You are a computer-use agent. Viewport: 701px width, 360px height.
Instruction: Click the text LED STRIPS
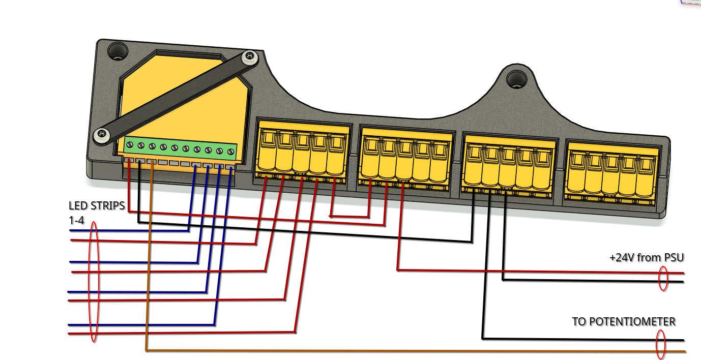click(x=97, y=206)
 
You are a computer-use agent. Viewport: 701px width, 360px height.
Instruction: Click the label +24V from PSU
click(x=647, y=257)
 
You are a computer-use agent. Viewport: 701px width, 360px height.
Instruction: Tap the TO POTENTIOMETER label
click(x=624, y=321)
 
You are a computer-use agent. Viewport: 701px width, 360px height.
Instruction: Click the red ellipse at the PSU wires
click(x=663, y=279)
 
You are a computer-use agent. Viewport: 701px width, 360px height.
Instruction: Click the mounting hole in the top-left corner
click(x=118, y=51)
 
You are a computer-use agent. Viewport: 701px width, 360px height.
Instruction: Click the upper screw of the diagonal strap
click(x=248, y=57)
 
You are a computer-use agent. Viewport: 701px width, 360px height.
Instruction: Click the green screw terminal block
click(x=181, y=148)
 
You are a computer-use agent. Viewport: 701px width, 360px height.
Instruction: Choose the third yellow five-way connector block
click(x=509, y=165)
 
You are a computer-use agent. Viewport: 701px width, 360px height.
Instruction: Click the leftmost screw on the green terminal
click(x=130, y=145)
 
